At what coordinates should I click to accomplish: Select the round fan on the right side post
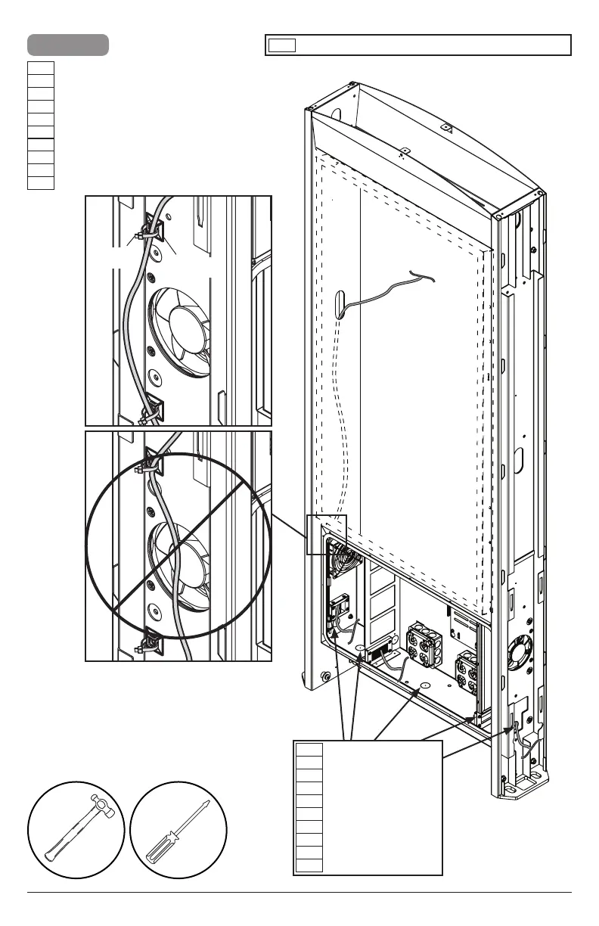point(526,650)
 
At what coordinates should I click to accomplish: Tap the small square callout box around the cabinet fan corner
point(326,534)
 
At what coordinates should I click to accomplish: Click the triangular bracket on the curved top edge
point(447,129)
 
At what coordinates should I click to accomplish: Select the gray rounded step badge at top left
point(68,45)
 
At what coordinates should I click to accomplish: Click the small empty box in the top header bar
point(281,45)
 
